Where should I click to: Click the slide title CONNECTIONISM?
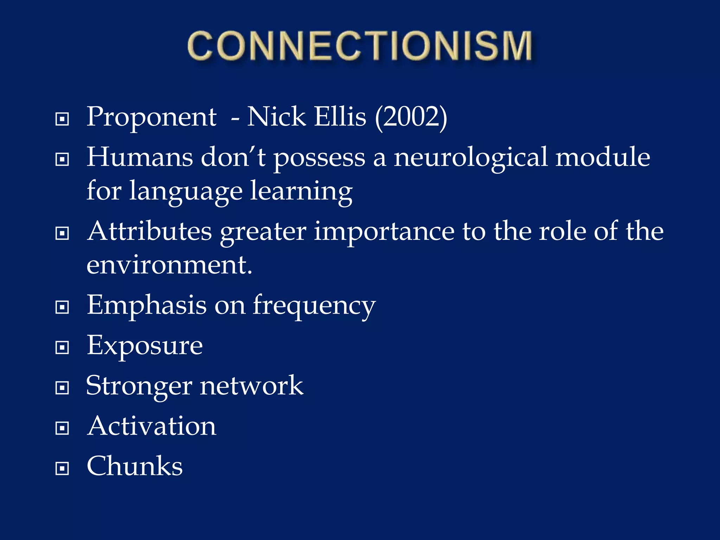point(360,46)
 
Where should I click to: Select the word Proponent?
point(152,117)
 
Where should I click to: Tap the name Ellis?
point(340,117)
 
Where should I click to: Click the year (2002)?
point(411,117)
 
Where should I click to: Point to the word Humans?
point(140,157)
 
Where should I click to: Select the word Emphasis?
point(147,305)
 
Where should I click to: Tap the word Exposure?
point(144,346)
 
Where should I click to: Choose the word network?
point(251,386)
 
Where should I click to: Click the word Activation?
point(152,426)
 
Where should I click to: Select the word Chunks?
point(135,466)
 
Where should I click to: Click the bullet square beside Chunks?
point(62,468)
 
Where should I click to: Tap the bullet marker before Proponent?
point(62,119)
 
